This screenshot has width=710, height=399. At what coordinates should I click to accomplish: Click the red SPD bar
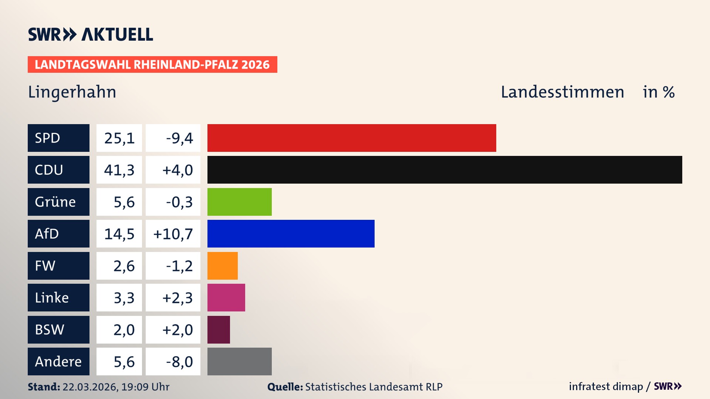tap(351, 138)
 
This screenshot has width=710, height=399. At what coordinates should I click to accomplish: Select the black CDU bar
tap(444, 170)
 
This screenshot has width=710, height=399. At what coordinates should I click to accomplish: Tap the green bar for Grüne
tap(239, 202)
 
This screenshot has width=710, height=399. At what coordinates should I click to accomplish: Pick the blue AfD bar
tap(291, 233)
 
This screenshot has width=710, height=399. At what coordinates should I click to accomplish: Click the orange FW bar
tap(222, 266)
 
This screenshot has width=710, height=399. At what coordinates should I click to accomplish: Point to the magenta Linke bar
tap(226, 297)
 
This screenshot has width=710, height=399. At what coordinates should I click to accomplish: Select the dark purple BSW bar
tap(219, 330)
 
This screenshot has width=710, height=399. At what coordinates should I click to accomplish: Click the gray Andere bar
tap(239, 361)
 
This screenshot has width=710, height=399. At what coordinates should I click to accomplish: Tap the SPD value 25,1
tap(119, 138)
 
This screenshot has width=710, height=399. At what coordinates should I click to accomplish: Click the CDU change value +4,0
tap(177, 170)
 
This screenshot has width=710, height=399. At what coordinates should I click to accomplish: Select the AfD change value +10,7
tap(173, 234)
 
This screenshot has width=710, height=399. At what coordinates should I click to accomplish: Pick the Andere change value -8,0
tap(179, 362)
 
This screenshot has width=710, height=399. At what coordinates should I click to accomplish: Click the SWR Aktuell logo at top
tap(90, 34)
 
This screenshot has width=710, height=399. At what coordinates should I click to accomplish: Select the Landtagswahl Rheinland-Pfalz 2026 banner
tap(152, 65)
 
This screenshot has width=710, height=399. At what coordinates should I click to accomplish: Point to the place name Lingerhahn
tap(72, 92)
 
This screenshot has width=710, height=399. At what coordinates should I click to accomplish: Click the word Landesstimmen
tap(562, 92)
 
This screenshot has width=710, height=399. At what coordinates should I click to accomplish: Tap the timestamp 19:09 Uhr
tap(145, 387)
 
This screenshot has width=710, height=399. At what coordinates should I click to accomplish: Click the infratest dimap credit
tap(605, 386)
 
